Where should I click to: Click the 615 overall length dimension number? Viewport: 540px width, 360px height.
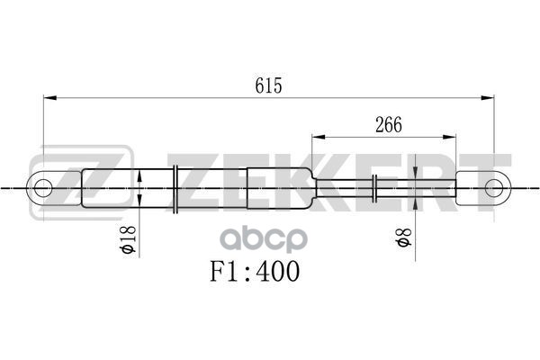click(269, 85)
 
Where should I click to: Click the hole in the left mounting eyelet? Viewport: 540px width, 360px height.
click(42, 188)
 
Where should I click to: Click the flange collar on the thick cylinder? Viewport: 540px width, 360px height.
click(175, 188)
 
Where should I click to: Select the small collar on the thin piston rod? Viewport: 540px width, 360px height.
click(374, 188)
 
